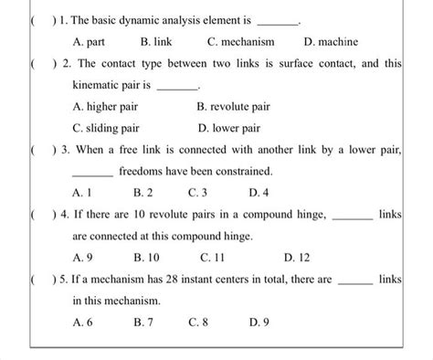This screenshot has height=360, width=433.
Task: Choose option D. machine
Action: (x=331, y=42)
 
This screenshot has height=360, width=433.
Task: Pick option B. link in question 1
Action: (x=157, y=42)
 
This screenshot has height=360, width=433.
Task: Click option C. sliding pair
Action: (x=106, y=128)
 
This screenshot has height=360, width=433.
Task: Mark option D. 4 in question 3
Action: (x=259, y=193)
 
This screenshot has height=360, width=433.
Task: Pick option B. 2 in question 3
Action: (x=143, y=193)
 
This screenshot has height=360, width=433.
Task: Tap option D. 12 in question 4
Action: (x=295, y=258)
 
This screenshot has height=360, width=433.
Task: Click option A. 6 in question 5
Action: (x=82, y=323)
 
